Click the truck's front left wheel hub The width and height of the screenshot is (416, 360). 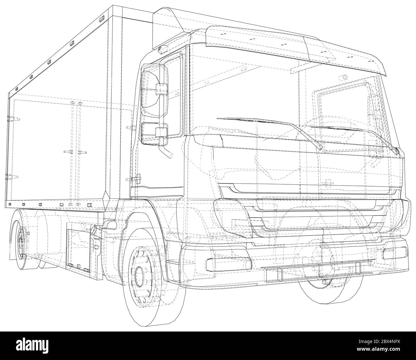pos(140,274)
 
